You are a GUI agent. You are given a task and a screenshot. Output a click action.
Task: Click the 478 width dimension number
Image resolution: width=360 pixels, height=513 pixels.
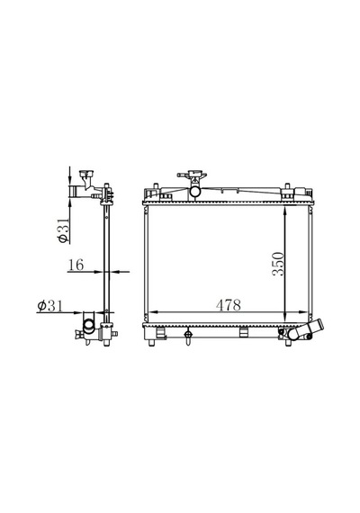(x=228, y=305)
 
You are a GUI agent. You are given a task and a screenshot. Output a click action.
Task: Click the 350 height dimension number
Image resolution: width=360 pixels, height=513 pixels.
(x=278, y=264)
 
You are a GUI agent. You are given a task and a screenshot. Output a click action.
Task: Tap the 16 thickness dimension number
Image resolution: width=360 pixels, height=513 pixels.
(x=76, y=265)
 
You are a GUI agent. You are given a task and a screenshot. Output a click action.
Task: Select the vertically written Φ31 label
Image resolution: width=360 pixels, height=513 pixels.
(x=64, y=230)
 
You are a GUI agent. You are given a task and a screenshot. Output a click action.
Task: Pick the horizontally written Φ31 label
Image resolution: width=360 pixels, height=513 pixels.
(x=49, y=306)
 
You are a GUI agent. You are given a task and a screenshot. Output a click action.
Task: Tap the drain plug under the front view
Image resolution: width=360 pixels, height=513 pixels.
(x=188, y=336)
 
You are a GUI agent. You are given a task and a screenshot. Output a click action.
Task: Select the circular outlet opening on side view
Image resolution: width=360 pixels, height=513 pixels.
(x=89, y=325)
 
